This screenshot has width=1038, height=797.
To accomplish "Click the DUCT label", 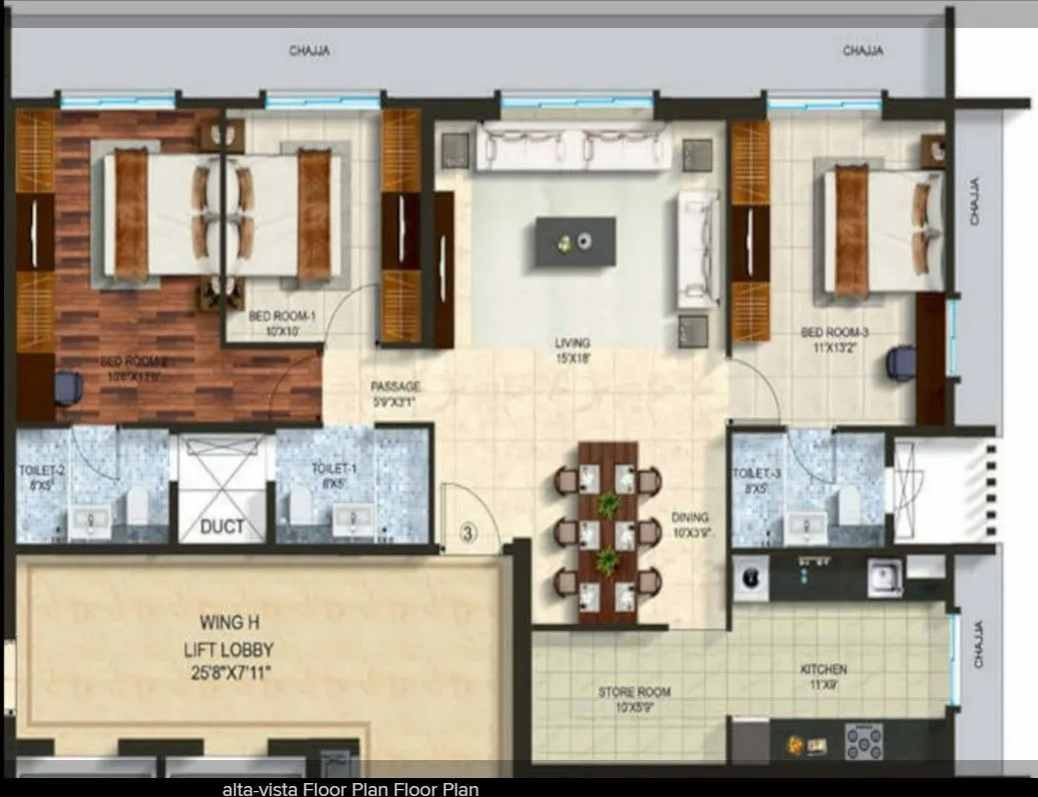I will click(222, 525).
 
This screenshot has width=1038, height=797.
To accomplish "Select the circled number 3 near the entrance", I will click(467, 531).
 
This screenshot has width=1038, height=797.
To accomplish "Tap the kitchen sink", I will click(883, 576).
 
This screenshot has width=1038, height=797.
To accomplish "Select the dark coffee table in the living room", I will click(574, 241).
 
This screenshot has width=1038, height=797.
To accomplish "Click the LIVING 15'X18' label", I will click(572, 350).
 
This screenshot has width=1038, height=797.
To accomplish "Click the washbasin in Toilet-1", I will click(352, 518).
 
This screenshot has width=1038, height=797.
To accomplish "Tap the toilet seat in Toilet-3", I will click(849, 502).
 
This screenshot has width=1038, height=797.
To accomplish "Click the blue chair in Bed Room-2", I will click(68, 387).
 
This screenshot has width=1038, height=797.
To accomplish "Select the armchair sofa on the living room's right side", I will click(697, 248).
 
